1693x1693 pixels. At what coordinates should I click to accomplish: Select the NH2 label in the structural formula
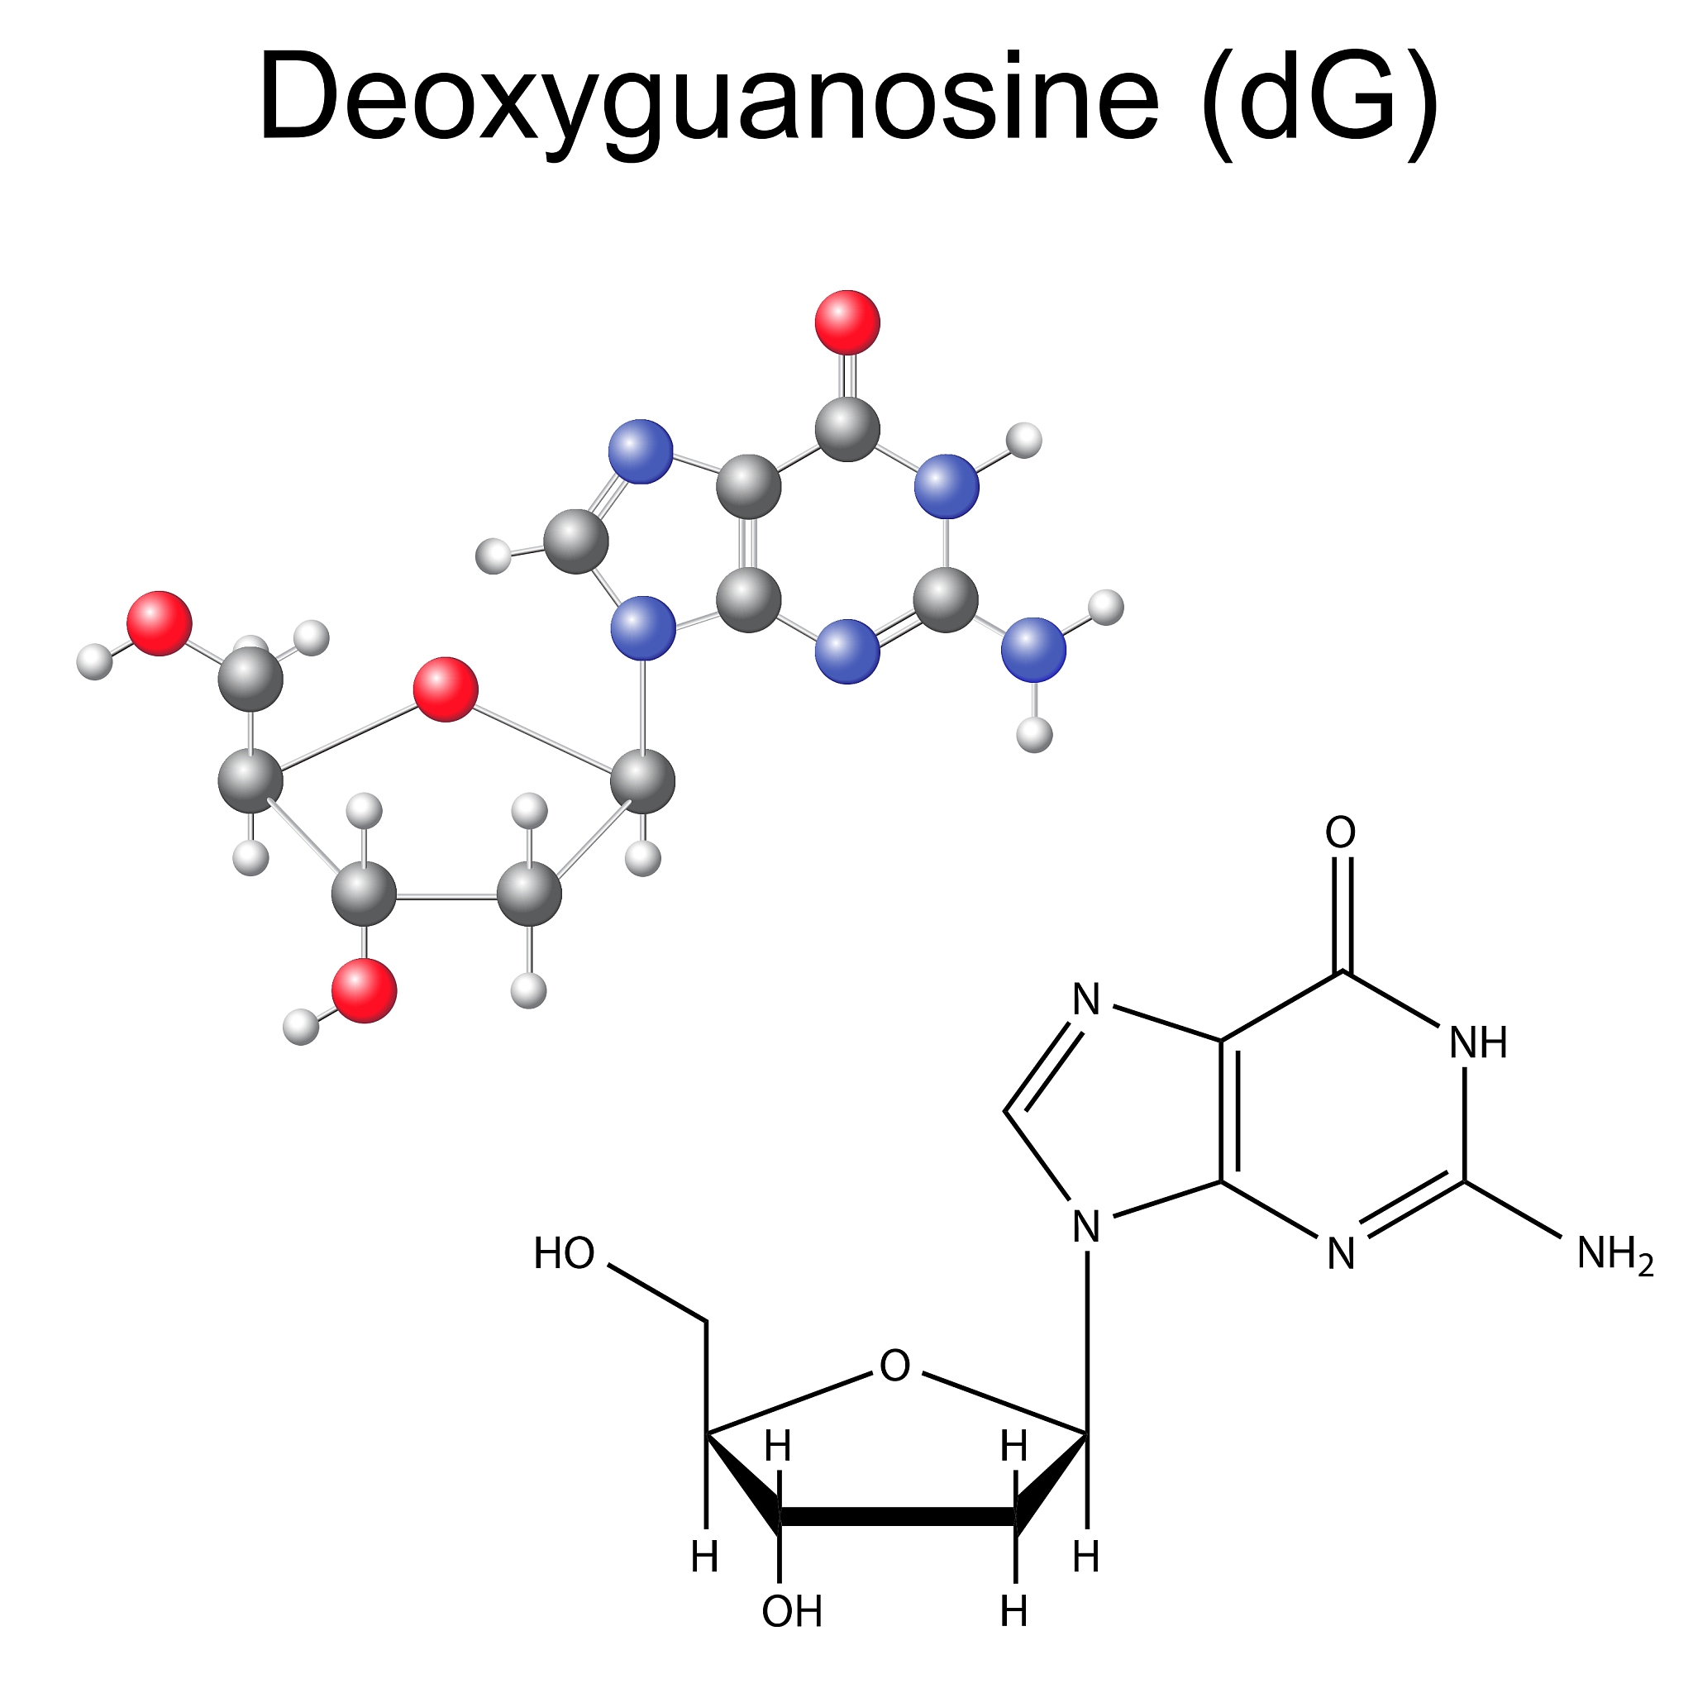click(1615, 1254)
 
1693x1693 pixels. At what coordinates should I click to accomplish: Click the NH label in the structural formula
click(1478, 1042)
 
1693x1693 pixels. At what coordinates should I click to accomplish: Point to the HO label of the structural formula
click(565, 1254)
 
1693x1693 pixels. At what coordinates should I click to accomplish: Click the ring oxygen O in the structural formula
click(894, 1366)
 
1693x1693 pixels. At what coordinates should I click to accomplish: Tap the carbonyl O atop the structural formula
click(1341, 832)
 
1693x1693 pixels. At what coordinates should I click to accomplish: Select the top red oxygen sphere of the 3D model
click(847, 322)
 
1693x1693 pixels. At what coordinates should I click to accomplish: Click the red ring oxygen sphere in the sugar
click(446, 689)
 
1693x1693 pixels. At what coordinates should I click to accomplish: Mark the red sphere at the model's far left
click(160, 623)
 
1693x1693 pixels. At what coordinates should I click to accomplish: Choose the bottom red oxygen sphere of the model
click(364, 990)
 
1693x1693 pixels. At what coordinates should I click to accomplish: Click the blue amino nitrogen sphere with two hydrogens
click(1033, 649)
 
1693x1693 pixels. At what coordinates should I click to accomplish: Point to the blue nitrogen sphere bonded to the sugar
click(643, 627)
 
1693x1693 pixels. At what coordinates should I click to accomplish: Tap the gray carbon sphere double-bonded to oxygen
click(847, 428)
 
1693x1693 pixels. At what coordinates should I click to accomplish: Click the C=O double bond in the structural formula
click(1342, 915)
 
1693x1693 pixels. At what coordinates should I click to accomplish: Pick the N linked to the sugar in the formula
click(1086, 1227)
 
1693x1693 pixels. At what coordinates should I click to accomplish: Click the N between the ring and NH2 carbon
click(1341, 1254)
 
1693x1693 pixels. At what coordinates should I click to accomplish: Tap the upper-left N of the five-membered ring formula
click(1086, 999)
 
